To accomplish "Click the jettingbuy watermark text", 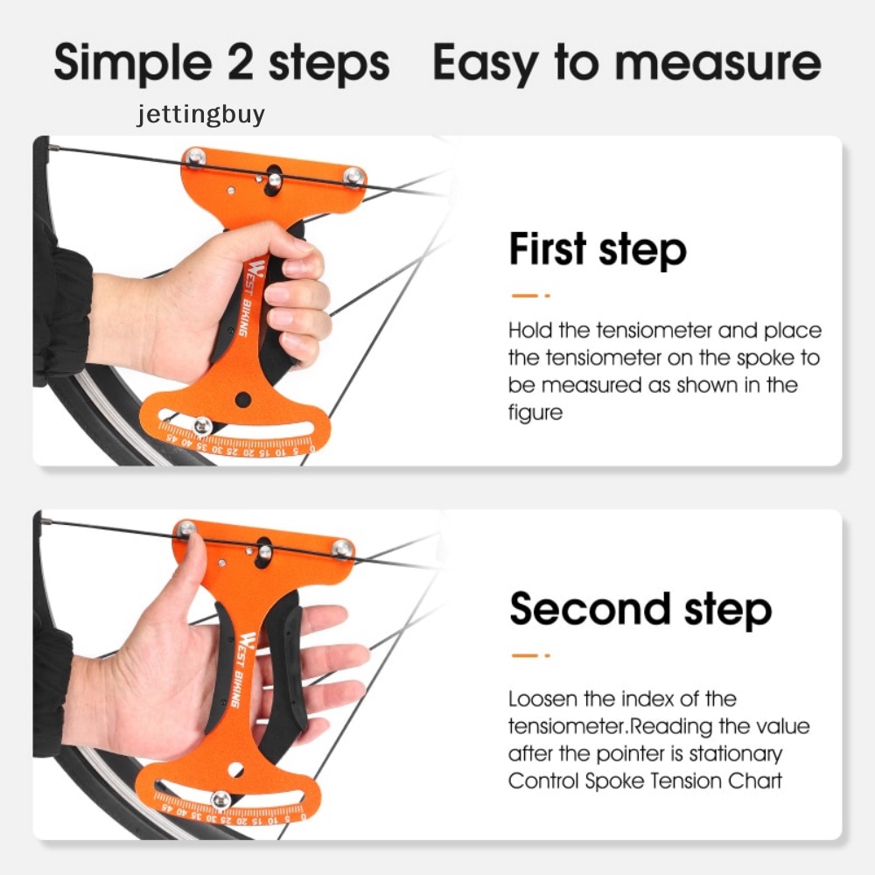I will [x=199, y=115].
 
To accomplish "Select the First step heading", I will [x=598, y=249].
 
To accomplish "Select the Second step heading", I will [x=640, y=608].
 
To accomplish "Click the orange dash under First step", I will [x=528, y=296].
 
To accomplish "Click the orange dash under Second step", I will [x=528, y=654].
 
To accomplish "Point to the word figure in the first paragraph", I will [x=535, y=412].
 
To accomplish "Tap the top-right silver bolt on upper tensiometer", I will [x=353, y=175].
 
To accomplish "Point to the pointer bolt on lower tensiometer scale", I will [x=221, y=798].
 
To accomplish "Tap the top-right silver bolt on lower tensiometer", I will [x=342, y=549].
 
